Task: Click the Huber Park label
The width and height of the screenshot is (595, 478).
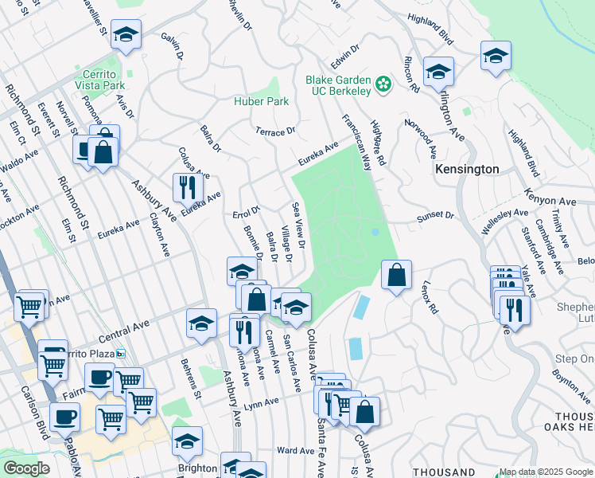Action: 261,101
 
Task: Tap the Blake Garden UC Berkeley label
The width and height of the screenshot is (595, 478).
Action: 339,85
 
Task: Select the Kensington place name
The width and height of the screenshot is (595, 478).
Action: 467,170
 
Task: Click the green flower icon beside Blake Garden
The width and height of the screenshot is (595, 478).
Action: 383,83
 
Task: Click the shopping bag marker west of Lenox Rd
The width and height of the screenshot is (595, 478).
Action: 396,275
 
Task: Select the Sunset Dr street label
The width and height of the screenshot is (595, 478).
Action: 437,215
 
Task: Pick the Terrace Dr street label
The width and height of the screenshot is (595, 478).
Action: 275,131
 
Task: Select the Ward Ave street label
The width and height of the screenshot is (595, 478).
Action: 296,451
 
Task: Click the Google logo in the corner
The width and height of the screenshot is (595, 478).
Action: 26,468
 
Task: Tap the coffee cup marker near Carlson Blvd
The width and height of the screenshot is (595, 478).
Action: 64,417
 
